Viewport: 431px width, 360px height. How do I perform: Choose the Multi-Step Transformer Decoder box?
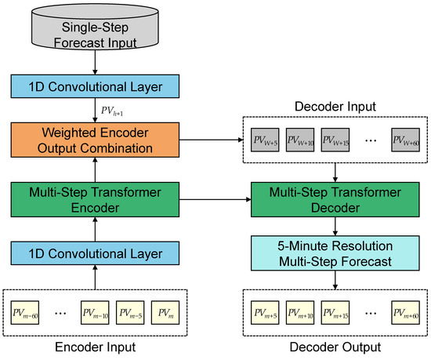pyautogui.click(x=336, y=199)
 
